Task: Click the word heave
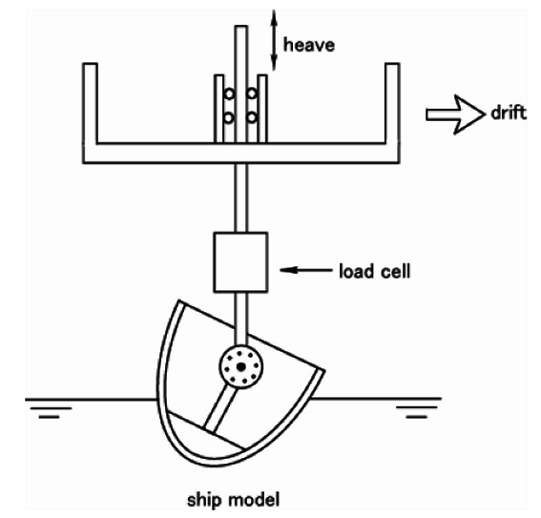[309, 45]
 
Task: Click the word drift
[509, 113]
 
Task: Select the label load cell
[375, 271]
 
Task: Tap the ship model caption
[233, 500]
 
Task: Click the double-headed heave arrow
[274, 40]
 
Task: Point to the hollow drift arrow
[455, 114]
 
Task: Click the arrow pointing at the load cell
[305, 270]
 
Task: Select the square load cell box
[240, 262]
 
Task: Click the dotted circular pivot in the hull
[240, 366]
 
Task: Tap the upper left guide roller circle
[229, 93]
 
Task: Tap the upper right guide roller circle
[252, 93]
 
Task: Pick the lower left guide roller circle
[229, 118]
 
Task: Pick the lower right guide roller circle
[252, 117]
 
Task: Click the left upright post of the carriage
[90, 103]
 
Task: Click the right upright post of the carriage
[393, 103]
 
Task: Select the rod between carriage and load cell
[240, 197]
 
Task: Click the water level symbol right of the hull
[416, 412]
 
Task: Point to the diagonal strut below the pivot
[220, 409]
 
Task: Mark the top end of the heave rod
[241, 26]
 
